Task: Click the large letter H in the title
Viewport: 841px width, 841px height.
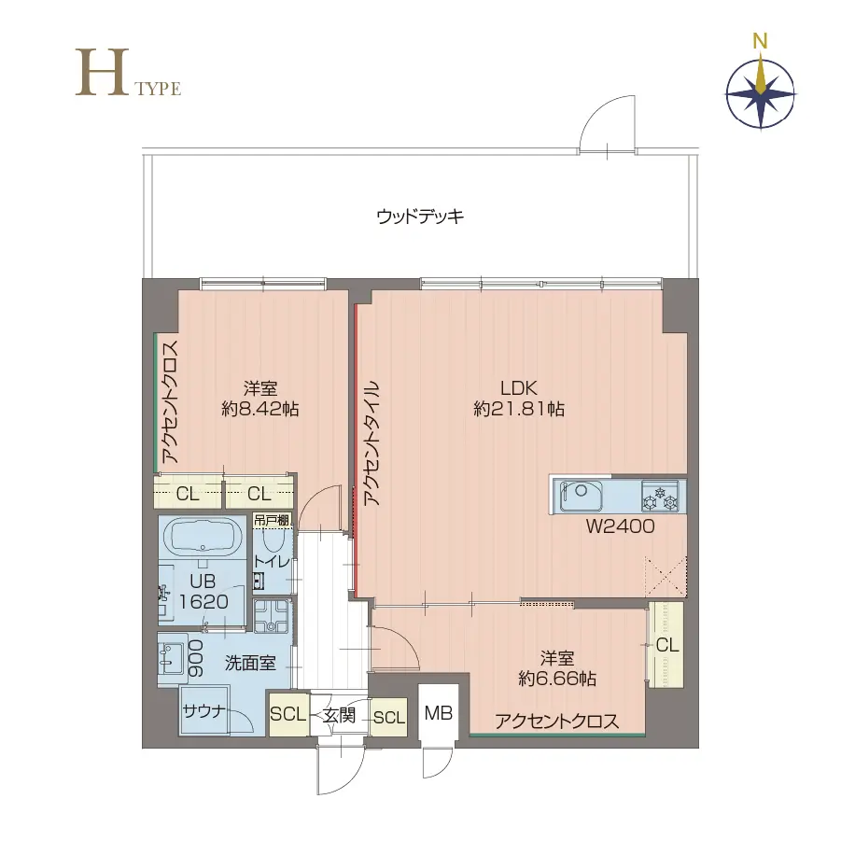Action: [x=102, y=73]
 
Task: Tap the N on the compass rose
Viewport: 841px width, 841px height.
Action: [x=760, y=41]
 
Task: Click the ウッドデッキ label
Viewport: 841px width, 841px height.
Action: [x=420, y=217]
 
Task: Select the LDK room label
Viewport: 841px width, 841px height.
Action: [x=519, y=387]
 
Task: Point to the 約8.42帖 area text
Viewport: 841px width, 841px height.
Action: [x=260, y=409]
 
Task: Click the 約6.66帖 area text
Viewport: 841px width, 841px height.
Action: [x=557, y=679]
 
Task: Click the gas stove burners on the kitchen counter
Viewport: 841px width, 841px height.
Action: [x=660, y=497]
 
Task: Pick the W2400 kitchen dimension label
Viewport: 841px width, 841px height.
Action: [x=620, y=526]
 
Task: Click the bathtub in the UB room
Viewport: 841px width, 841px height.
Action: [x=203, y=538]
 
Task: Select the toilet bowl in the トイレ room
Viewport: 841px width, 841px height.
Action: [x=273, y=540]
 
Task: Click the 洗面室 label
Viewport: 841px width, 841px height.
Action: [x=250, y=663]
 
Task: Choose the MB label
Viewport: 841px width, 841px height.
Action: [x=438, y=713]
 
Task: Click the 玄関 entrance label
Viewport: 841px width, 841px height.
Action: [x=339, y=715]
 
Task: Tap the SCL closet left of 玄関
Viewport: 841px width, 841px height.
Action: [x=288, y=714]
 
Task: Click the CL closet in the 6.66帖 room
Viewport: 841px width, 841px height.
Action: [x=666, y=645]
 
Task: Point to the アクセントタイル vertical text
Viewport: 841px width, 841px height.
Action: [x=371, y=443]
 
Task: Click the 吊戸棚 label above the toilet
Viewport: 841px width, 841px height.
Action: [x=272, y=520]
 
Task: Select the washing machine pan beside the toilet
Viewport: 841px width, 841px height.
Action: [x=272, y=616]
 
